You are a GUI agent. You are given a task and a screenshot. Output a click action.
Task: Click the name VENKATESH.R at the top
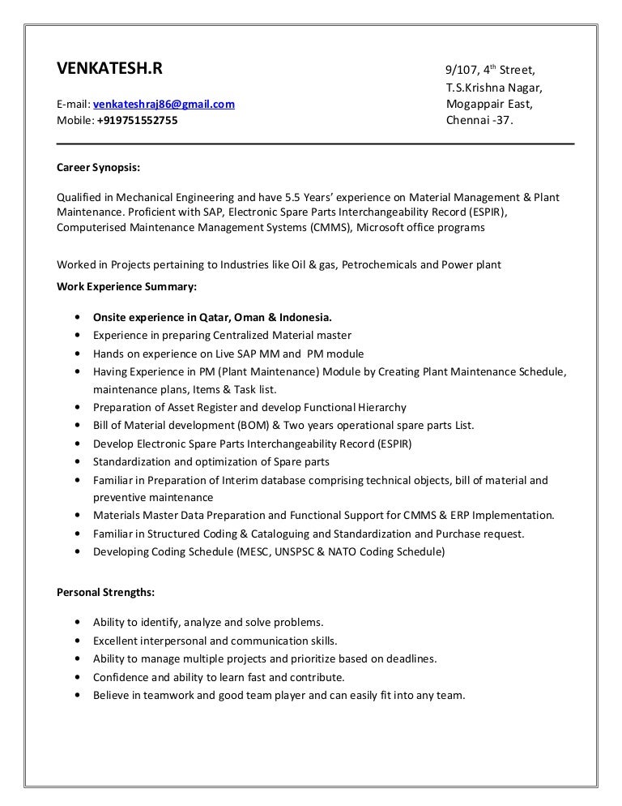[109, 69]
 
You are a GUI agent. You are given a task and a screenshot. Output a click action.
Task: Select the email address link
[164, 104]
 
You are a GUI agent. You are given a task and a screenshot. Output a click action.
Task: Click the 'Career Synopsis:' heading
[98, 169]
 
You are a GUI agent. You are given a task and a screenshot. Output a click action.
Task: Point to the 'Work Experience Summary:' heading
[126, 286]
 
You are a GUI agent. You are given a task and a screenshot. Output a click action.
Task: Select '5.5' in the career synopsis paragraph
[299, 198]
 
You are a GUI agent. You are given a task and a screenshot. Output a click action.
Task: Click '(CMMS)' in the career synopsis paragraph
[330, 228]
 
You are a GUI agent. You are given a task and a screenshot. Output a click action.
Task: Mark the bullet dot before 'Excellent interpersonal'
[76, 641]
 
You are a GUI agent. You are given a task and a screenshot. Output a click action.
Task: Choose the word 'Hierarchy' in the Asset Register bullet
[379, 407]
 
